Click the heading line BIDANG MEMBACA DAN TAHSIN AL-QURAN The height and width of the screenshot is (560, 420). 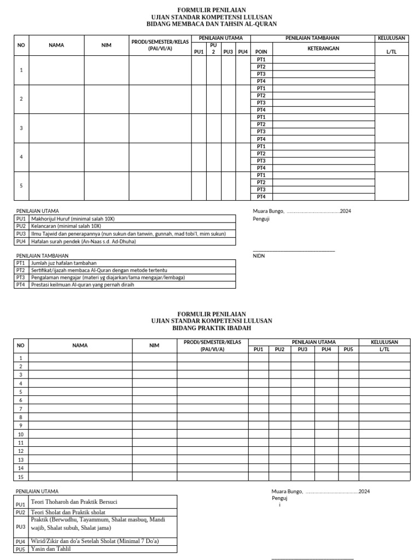pyautogui.click(x=212, y=24)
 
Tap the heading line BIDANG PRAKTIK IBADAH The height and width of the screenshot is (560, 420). pyautogui.click(x=212, y=328)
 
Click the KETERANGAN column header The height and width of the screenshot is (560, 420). pyautogui.click(x=323, y=49)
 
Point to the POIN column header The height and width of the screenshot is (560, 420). pyautogui.click(x=261, y=52)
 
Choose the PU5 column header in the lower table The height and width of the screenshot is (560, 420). pyautogui.click(x=348, y=349)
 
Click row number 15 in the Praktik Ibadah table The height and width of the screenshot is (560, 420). pyautogui.click(x=21, y=477)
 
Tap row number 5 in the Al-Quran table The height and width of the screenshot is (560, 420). pyautogui.click(x=21, y=186)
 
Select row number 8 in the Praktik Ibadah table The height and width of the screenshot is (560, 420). pyautogui.click(x=21, y=417)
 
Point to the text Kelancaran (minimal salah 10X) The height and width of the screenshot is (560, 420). pyautogui.click(x=66, y=226)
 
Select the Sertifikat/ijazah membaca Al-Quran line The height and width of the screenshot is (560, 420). pyautogui.click(x=99, y=270)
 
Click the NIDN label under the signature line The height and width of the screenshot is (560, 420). pyautogui.click(x=258, y=255)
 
